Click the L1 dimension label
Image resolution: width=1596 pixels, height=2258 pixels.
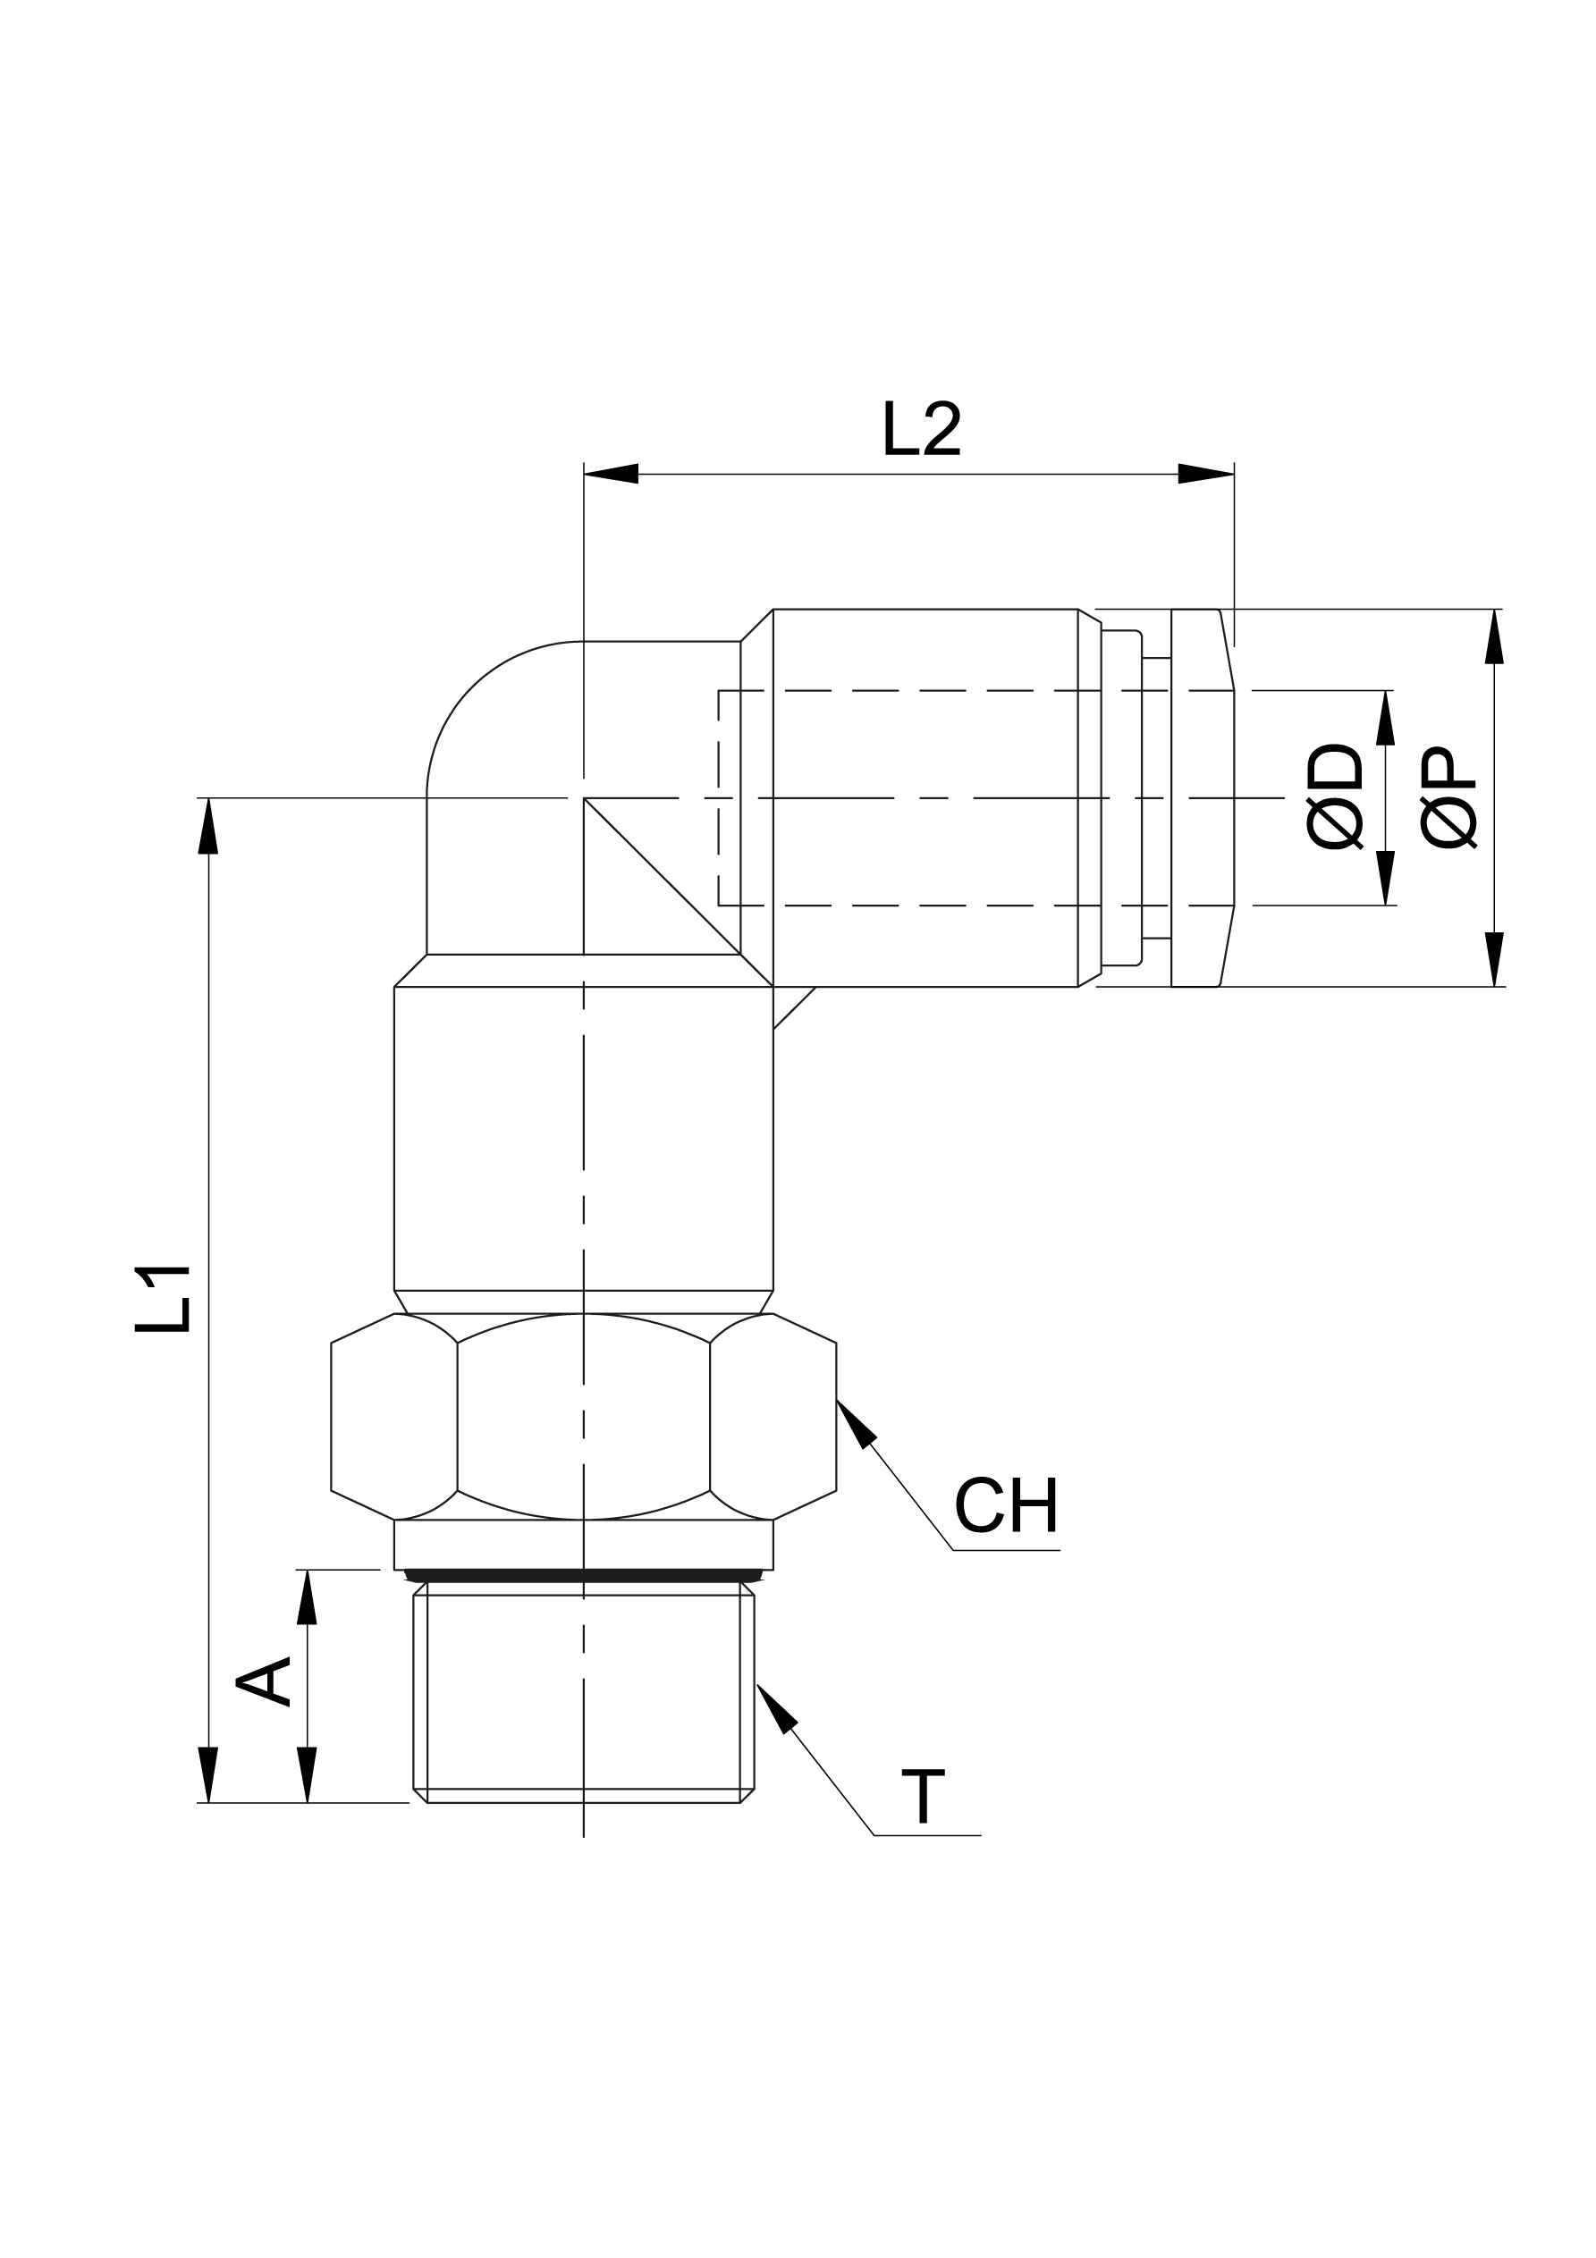click(x=163, y=1299)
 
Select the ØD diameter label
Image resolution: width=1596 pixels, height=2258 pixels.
click(x=1334, y=796)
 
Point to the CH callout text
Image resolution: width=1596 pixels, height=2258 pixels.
click(x=1006, y=1532)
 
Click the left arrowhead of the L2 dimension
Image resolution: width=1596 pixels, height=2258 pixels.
click(x=610, y=474)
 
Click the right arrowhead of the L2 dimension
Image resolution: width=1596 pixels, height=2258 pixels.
click(x=1207, y=474)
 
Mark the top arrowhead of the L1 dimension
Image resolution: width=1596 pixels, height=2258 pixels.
click(x=208, y=825)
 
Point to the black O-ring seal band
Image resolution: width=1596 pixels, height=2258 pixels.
click(x=584, y=1574)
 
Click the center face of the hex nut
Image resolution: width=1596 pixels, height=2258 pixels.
click(x=584, y=1417)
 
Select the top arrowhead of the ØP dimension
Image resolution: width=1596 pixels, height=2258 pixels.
click(x=1494, y=636)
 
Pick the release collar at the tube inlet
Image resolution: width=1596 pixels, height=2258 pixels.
click(x=1202, y=797)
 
